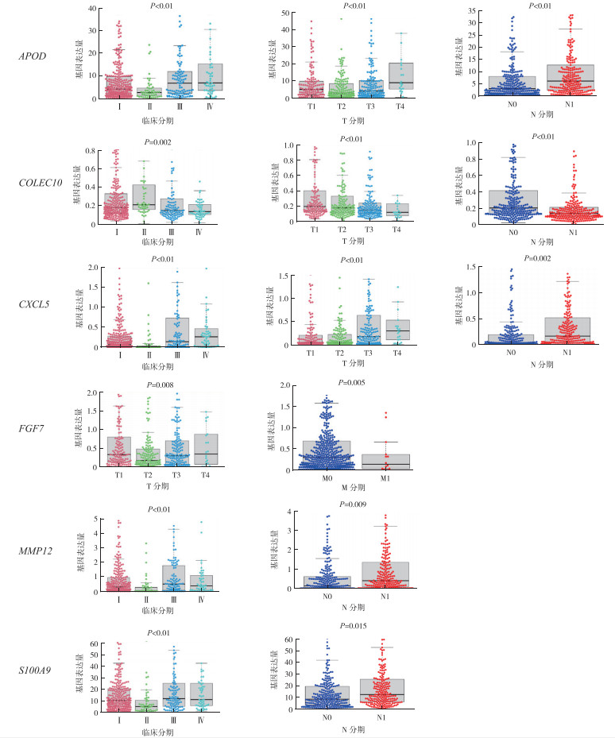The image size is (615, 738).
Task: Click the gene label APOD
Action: click(32, 57)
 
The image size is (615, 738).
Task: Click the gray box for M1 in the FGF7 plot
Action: click(386, 462)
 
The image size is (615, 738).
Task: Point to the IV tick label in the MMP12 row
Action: click(201, 597)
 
